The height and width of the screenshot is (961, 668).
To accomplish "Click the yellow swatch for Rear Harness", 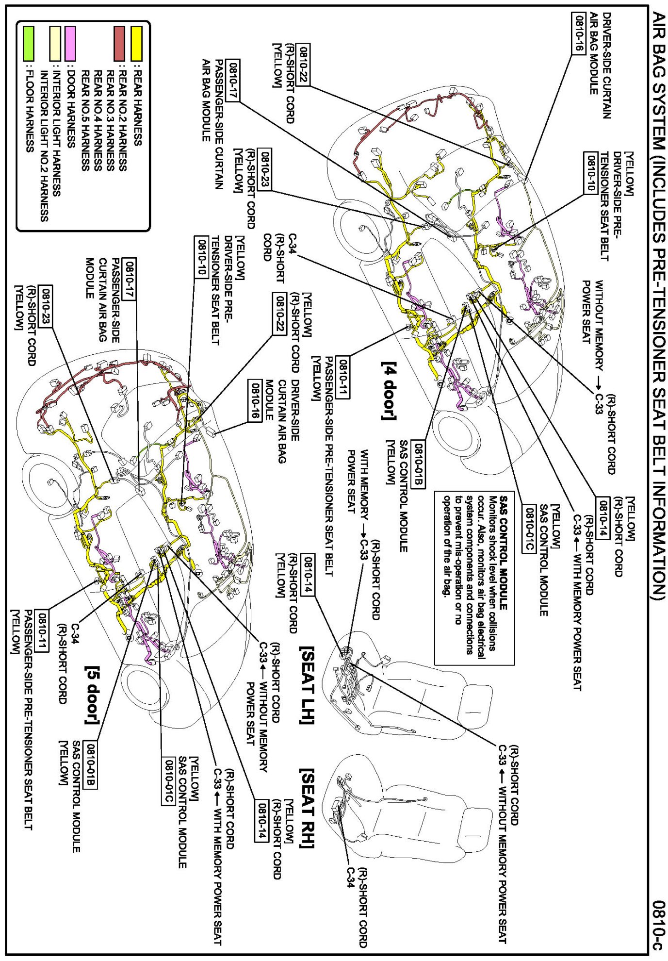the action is coord(137,44).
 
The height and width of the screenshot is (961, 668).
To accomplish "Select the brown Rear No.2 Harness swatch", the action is coord(119,44).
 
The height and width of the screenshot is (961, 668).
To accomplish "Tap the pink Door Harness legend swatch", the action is coord(71,44).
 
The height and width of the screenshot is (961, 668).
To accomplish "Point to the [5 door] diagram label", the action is coord(92,695).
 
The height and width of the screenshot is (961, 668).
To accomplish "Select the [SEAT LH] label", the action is coord(309,685).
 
